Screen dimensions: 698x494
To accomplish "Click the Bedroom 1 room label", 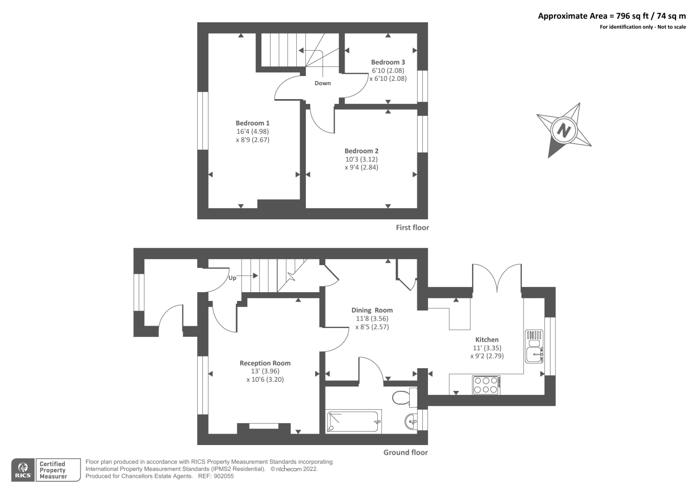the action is point(253,123).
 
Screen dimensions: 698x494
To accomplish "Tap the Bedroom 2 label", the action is point(361,151).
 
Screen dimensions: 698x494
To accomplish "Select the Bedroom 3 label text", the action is point(388,62).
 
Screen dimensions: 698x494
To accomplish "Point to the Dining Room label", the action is point(372,311).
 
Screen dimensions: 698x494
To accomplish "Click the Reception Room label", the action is point(265,363).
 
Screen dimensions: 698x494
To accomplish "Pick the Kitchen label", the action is point(487,339).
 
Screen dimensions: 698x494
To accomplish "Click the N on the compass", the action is point(564,130).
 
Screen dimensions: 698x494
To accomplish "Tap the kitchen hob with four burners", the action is point(486,385).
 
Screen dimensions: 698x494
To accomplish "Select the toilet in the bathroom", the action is point(402,397).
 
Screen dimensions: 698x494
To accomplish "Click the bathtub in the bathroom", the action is point(353,421).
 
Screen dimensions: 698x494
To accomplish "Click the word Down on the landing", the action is point(322,83).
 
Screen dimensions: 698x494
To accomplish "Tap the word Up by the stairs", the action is point(232,278).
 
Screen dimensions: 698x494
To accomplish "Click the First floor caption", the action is point(412,228).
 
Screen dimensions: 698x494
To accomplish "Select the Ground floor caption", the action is point(405,453).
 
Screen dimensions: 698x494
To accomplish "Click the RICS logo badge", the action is point(23,470).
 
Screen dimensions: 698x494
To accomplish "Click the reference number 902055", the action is point(223,476).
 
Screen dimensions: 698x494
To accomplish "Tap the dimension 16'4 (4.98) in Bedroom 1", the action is point(253,131).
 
